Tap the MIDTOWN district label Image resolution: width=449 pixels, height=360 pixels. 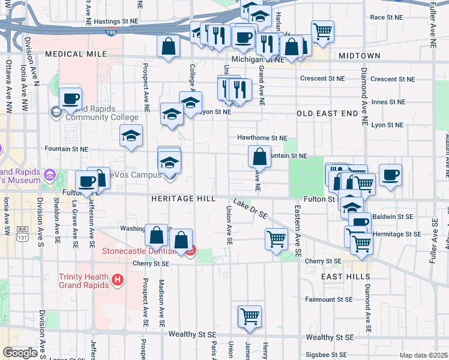(359, 56)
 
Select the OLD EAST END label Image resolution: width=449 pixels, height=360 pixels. (327, 113)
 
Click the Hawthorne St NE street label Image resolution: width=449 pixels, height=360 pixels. (262, 137)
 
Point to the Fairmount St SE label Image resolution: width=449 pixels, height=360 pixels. (328, 299)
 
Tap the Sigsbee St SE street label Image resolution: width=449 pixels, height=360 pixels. (328, 355)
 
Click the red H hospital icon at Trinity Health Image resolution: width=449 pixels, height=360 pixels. (118, 279)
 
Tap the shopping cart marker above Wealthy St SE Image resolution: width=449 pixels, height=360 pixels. (250, 316)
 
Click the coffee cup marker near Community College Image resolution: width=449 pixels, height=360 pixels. (70, 98)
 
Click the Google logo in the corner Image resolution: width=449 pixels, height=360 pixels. (20, 353)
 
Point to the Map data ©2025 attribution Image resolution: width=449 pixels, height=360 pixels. (424, 355)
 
